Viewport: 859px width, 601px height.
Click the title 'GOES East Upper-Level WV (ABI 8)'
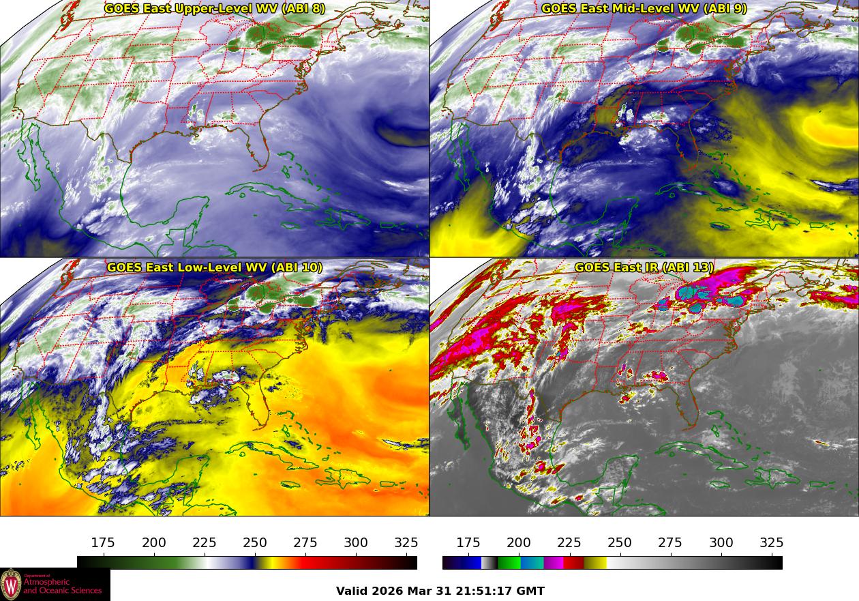coord(214,9)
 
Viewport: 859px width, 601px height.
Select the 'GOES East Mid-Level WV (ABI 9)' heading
coord(644,9)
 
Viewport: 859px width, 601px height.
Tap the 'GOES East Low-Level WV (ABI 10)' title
coord(214,267)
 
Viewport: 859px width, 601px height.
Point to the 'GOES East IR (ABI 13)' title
coord(644,267)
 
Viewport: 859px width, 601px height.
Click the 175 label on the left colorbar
coord(103,543)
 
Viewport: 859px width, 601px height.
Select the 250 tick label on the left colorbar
coord(255,543)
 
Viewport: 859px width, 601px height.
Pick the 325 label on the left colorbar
coord(406,543)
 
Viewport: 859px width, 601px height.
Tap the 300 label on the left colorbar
coord(356,543)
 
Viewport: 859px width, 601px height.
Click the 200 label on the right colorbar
coord(519,543)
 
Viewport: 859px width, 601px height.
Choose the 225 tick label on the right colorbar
coord(569,543)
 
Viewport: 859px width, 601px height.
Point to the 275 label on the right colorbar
coord(670,543)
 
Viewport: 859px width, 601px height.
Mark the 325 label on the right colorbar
coord(771,543)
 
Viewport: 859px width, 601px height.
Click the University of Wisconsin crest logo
coord(11,585)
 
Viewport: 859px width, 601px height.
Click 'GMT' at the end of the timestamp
coord(532,591)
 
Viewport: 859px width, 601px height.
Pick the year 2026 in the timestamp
coord(389,591)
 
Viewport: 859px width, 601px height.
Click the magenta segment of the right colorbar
coord(553,563)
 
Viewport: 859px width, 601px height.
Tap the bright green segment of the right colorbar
coord(509,563)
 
